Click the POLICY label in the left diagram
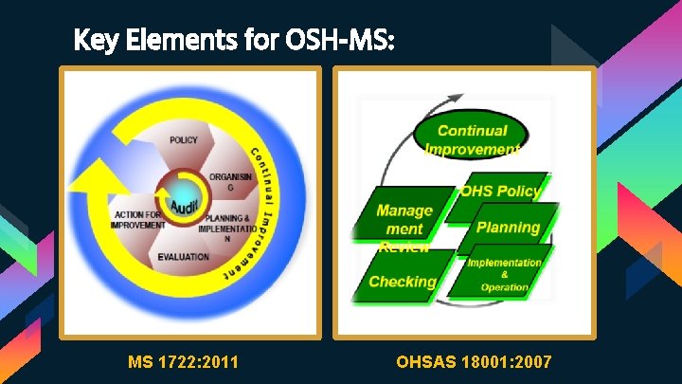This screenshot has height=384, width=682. pos(184,140)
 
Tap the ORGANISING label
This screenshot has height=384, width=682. pos(230,181)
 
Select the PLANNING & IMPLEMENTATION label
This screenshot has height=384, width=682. pos(227,227)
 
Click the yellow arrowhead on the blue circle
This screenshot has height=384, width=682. pos(95,179)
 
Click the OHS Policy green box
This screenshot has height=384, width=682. pos(500,192)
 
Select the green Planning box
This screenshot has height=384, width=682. pos(508,228)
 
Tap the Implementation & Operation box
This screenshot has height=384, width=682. pos(504,274)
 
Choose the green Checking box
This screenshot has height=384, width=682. pos(402,282)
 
